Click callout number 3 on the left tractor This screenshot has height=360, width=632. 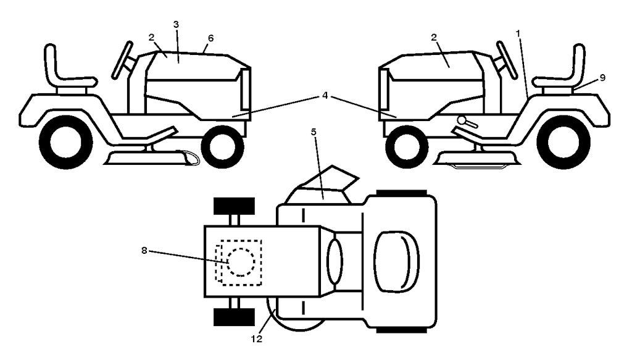[x=176, y=24]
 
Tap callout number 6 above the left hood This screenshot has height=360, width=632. [x=210, y=38]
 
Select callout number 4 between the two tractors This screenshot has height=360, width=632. [x=325, y=96]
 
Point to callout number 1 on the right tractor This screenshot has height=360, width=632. [x=518, y=33]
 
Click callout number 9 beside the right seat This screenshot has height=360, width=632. [x=602, y=77]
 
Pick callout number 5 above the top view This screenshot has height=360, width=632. [x=314, y=132]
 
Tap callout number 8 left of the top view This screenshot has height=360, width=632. [x=144, y=250]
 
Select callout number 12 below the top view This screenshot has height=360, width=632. [x=257, y=339]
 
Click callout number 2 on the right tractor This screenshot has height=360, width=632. [x=434, y=38]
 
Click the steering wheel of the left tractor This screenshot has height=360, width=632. [x=122, y=60]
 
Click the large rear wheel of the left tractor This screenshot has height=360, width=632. [x=65, y=142]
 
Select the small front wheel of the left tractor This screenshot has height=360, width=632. [x=222, y=147]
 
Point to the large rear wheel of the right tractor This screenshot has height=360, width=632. [x=563, y=142]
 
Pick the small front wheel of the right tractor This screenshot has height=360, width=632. [x=407, y=147]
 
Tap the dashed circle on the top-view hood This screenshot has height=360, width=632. [x=241, y=262]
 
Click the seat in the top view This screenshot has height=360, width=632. [x=397, y=262]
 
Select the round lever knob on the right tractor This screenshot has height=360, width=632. [x=462, y=119]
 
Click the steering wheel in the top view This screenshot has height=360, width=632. [x=335, y=261]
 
